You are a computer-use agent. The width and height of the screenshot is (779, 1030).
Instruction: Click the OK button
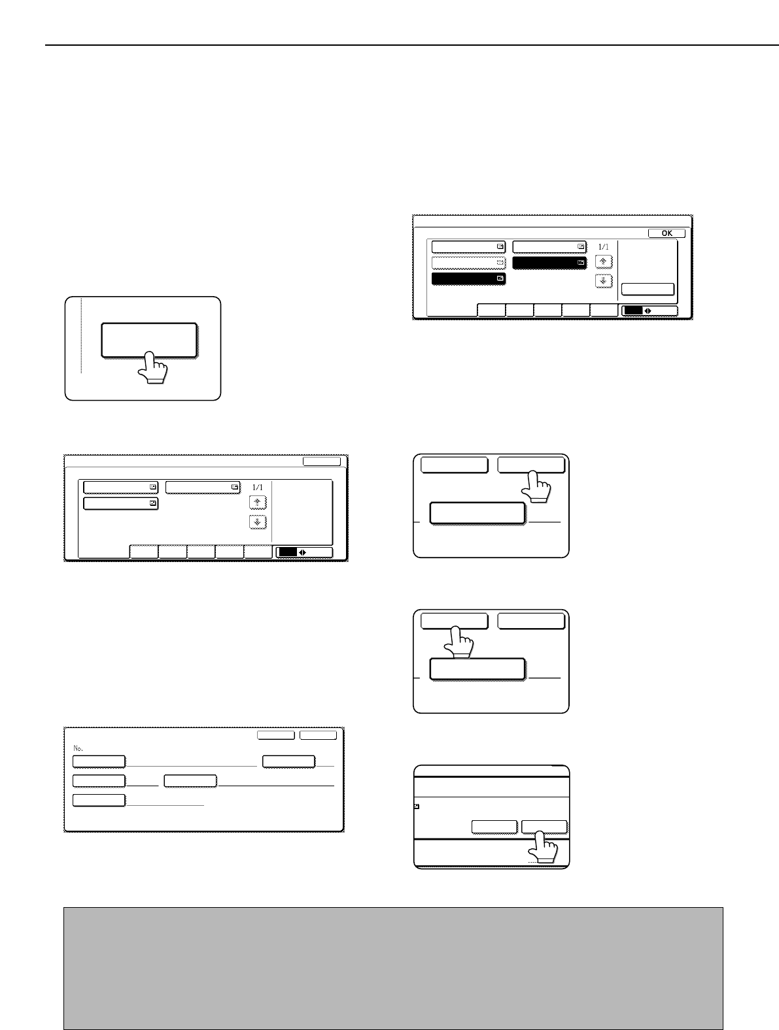click(666, 233)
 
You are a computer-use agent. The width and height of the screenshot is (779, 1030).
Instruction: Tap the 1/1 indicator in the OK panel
click(604, 247)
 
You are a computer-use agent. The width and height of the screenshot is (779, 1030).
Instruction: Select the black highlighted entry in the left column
click(468, 278)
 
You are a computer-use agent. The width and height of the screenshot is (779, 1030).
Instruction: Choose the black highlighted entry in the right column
click(549, 263)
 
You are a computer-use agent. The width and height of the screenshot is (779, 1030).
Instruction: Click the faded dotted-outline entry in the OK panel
click(468, 263)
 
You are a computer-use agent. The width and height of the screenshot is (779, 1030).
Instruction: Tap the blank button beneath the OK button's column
click(648, 289)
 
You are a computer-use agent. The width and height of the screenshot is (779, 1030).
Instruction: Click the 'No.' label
click(78, 748)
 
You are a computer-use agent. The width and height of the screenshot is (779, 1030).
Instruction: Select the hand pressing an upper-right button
click(536, 487)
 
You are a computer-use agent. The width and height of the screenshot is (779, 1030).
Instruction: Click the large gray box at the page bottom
click(393, 968)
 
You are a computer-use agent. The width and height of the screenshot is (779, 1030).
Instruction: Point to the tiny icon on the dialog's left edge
click(417, 806)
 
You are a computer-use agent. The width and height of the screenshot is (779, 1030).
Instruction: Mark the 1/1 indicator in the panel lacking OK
click(257, 488)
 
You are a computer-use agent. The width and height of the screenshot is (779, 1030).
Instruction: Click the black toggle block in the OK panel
click(633, 310)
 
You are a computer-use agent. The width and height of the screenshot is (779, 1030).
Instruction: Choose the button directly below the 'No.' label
click(99, 761)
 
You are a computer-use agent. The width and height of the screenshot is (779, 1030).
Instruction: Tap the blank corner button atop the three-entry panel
click(322, 461)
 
